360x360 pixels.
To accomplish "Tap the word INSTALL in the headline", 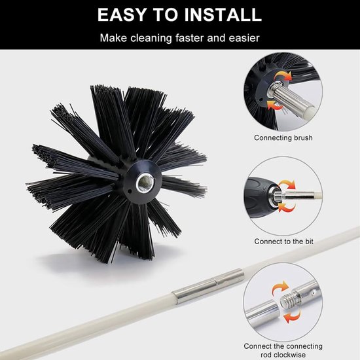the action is [x=223, y=14].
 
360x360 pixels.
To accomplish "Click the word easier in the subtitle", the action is [x=244, y=38].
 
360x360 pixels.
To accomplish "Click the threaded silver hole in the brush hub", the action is [x=144, y=183].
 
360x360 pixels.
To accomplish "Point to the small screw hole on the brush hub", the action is [x=130, y=191].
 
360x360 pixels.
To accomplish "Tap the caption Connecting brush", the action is [x=283, y=137].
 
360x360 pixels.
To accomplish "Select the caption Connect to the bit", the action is [x=283, y=242].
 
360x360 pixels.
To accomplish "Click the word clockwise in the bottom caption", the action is [x=283, y=355].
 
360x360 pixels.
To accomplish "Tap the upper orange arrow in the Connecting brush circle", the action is [x=284, y=76].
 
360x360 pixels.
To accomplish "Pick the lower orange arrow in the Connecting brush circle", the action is [x=275, y=105].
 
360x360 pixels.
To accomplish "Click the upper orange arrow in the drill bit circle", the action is [x=287, y=185].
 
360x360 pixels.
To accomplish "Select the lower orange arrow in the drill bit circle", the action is [x=286, y=207].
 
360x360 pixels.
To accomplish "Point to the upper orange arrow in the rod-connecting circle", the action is [x=280, y=287].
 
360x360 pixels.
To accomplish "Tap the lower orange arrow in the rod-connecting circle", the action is [x=292, y=317].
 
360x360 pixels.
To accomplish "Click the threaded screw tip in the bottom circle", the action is [x=287, y=300].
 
